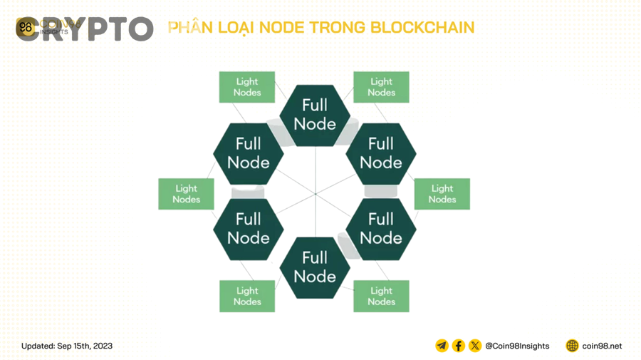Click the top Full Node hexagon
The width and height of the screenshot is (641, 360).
(x=314, y=115)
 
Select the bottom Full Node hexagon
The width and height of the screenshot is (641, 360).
(x=314, y=267)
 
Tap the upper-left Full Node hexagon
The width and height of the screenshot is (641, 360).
(x=248, y=153)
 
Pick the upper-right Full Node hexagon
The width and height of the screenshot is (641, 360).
(x=380, y=153)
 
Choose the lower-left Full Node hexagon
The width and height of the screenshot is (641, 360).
(x=248, y=229)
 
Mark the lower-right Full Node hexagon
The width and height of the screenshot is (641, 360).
(x=380, y=229)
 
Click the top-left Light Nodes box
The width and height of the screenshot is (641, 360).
(x=247, y=87)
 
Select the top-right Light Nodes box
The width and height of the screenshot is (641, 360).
(x=381, y=87)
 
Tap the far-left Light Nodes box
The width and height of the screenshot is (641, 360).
(x=186, y=194)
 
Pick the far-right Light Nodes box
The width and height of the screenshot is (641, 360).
(x=442, y=194)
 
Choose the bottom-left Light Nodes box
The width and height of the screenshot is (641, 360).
(x=247, y=296)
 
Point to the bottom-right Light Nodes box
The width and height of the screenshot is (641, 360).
(x=381, y=296)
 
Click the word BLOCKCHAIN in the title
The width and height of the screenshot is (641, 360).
(x=422, y=28)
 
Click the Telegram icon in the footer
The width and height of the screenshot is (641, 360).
(x=442, y=346)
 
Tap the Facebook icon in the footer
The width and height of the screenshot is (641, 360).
(x=458, y=346)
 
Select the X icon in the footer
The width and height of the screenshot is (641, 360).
(x=474, y=346)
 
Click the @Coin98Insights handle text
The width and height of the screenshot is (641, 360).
(x=517, y=346)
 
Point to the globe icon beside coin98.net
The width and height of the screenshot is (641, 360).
(x=572, y=346)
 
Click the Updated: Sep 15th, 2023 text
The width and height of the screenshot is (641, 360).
(x=67, y=346)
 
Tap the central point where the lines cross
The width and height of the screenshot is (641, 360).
(x=315, y=193)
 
